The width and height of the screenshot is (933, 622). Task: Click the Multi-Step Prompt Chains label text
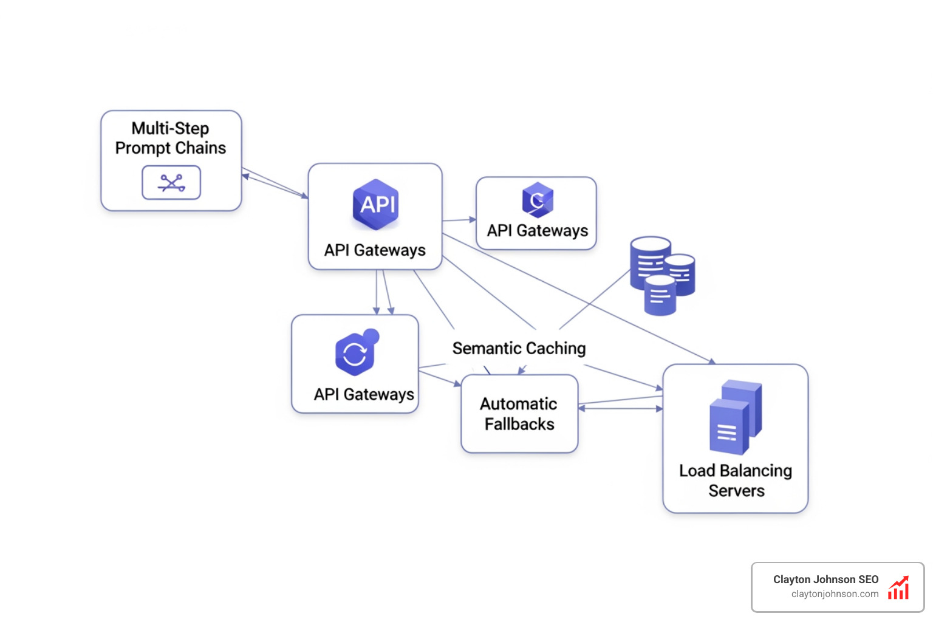(171, 138)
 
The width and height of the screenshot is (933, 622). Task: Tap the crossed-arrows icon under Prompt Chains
(171, 182)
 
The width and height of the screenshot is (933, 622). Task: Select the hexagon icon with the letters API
(376, 204)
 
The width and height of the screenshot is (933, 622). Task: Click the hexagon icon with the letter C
(538, 200)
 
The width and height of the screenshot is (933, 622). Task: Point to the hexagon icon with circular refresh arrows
(355, 354)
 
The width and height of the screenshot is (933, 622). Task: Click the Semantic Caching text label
(519, 348)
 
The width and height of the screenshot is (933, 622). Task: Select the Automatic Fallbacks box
(519, 414)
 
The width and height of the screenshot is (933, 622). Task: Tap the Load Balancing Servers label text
(736, 480)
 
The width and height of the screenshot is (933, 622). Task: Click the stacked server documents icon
(735, 417)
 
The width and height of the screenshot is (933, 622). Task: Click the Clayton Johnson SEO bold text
(825, 579)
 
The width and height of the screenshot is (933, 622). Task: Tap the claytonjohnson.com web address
(835, 594)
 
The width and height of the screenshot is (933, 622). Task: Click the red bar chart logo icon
(898, 588)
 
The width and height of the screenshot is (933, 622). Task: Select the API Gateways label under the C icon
(538, 231)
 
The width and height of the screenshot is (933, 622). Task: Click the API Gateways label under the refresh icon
(364, 394)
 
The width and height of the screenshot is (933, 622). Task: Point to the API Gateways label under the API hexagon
(375, 250)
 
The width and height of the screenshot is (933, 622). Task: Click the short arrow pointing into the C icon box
(459, 220)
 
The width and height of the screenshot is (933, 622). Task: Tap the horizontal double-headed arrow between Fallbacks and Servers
(620, 409)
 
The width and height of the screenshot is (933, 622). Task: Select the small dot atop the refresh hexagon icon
(371, 337)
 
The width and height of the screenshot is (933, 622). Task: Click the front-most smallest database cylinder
(660, 296)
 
